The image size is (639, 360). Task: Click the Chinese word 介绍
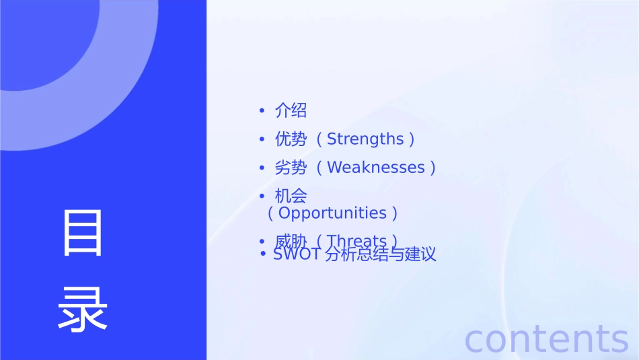point(291,110)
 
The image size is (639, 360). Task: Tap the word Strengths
point(365,139)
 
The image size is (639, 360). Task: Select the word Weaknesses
point(376,168)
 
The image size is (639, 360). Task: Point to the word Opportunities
point(332,213)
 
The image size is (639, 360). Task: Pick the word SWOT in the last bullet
point(296,255)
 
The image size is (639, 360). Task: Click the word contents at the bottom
point(546,338)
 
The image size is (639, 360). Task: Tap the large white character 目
point(83,233)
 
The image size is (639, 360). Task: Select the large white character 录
point(83,308)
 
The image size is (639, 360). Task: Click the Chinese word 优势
point(291,139)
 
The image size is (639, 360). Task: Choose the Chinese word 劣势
point(291,168)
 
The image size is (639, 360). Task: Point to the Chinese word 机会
point(291,196)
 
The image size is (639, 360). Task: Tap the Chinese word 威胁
point(291,240)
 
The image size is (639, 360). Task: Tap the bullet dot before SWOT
point(264,255)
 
